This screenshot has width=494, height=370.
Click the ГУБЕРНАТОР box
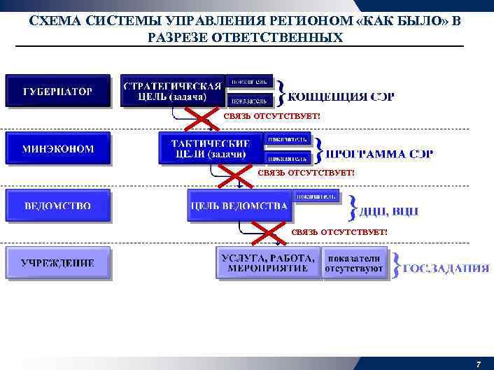[58, 91]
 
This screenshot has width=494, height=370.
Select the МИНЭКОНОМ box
[58, 148]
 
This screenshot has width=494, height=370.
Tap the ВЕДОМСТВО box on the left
[58, 206]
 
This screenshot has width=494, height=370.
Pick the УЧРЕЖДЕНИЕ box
[58, 263]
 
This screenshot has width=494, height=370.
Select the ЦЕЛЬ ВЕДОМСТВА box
[238, 206]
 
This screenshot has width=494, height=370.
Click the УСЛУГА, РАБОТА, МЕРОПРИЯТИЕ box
[268, 263]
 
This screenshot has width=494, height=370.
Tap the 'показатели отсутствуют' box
[355, 263]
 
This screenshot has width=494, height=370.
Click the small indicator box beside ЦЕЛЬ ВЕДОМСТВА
[316, 195]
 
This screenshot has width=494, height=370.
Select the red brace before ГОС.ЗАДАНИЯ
[397, 264]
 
